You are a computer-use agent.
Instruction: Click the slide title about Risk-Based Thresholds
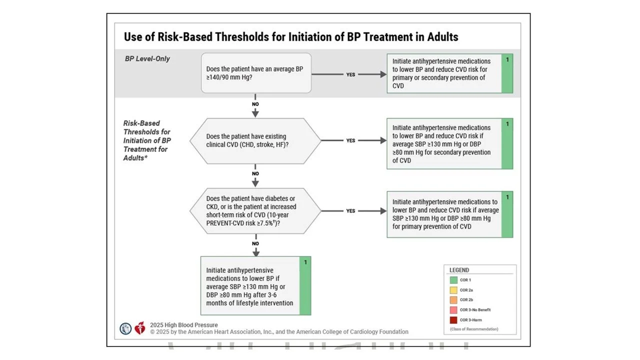click(291, 37)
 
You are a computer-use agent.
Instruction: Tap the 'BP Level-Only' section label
click(147, 58)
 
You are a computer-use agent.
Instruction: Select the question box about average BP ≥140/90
click(256, 73)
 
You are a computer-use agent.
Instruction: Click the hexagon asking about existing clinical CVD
click(255, 140)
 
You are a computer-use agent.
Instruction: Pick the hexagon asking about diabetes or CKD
click(255, 211)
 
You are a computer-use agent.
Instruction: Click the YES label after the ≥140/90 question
click(351, 74)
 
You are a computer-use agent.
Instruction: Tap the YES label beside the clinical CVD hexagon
click(351, 140)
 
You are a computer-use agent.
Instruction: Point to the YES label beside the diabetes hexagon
click(351, 211)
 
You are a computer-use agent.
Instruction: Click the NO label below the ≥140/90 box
click(255, 104)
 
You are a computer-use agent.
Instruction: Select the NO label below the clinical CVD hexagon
click(255, 173)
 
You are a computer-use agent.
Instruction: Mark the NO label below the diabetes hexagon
click(255, 243)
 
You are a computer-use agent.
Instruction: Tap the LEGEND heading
click(459, 270)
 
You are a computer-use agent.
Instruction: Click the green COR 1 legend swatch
click(453, 280)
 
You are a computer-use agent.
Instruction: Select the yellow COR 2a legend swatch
click(453, 290)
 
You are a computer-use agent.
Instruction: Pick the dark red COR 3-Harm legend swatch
click(453, 320)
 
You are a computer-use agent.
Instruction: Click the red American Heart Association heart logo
click(139, 328)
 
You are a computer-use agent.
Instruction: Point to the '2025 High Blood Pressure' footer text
click(184, 325)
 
